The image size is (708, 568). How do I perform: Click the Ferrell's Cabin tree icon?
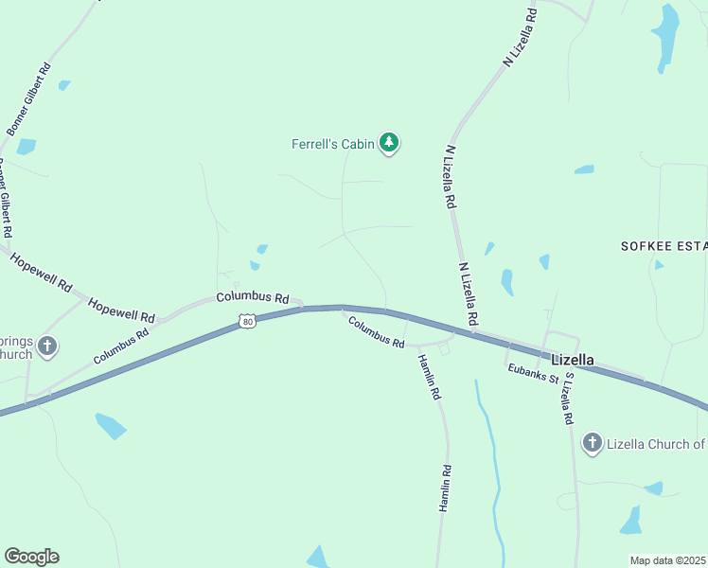click(388, 143)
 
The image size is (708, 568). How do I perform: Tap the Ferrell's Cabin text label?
click(332, 144)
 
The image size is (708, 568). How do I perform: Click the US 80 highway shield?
click(247, 322)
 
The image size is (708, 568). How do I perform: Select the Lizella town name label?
click(573, 360)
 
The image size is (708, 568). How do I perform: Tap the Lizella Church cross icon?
click(593, 442)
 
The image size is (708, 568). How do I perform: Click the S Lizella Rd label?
click(569, 398)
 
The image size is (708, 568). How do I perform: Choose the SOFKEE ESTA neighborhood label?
click(664, 246)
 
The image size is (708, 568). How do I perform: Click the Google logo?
click(31, 557)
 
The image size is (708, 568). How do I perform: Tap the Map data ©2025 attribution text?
click(668, 560)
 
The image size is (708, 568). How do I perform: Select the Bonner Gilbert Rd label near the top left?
click(29, 99)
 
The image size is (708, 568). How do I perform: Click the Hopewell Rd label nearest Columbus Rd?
click(121, 310)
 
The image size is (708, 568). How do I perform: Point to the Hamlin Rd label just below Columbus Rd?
click(429, 375)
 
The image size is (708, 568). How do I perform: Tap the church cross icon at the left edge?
click(47, 346)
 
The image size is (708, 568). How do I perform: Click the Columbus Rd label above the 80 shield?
click(252, 297)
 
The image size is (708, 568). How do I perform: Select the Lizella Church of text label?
click(657, 444)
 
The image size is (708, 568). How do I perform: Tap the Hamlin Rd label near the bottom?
click(444, 488)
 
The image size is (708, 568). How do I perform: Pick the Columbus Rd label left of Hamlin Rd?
click(376, 331)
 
